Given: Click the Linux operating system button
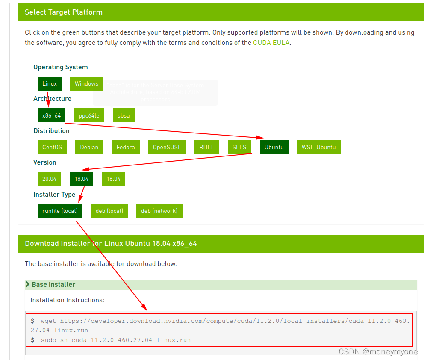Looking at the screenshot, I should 50,83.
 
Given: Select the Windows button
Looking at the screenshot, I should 86,83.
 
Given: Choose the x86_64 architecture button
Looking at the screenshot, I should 51,115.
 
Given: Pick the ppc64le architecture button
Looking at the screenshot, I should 89,115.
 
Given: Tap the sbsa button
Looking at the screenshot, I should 124,115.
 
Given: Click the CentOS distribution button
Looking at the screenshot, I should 52,147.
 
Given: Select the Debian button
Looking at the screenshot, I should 89,147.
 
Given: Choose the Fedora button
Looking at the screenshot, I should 126,147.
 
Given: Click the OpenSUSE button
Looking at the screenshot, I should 167,147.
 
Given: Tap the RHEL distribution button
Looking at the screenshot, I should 207,147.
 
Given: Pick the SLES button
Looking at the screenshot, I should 239,147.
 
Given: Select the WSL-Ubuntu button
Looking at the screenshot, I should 318,147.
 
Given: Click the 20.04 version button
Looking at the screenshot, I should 49,179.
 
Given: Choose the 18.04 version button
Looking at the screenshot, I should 81,179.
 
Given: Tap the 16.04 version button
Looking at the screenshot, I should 113,179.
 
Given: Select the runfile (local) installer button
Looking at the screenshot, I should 60,211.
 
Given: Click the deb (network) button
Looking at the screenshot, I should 159,211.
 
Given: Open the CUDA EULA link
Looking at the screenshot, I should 271,43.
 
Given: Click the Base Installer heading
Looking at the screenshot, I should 53,284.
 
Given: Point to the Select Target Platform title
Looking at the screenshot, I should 64,12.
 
